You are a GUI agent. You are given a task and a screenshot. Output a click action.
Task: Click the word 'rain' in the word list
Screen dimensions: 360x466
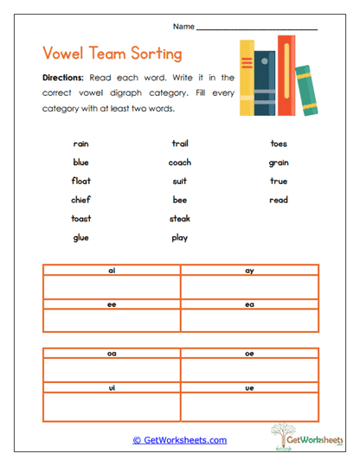(x=81, y=144)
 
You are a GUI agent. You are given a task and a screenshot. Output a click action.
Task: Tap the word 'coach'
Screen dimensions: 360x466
(x=180, y=163)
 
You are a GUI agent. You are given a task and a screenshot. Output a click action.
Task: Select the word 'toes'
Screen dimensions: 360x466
(x=279, y=144)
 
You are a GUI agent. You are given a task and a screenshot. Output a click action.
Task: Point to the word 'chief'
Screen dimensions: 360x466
(x=81, y=200)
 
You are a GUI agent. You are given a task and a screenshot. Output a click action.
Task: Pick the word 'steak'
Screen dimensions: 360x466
(x=180, y=219)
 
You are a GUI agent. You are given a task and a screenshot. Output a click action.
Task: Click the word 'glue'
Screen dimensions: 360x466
(x=81, y=238)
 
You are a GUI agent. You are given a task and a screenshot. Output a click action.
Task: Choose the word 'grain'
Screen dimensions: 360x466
(x=279, y=163)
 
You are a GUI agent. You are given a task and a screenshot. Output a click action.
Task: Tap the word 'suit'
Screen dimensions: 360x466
(x=180, y=182)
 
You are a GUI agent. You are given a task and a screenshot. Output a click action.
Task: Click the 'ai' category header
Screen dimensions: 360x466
(x=112, y=271)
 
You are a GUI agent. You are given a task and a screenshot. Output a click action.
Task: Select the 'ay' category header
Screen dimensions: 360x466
(x=249, y=271)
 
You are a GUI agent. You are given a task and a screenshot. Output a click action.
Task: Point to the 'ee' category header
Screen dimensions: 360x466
(x=112, y=303)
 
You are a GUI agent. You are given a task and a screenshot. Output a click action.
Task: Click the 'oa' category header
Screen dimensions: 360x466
(x=112, y=353)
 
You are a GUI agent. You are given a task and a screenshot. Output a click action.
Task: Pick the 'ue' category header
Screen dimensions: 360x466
(x=249, y=386)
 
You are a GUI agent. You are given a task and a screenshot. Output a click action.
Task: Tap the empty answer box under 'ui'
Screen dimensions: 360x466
(x=112, y=405)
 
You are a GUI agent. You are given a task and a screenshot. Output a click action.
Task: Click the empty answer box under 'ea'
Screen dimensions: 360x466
(x=249, y=320)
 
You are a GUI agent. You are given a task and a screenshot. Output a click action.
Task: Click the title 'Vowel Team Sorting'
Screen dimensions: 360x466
(x=112, y=52)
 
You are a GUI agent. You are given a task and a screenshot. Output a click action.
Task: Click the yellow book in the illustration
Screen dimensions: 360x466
(x=247, y=77)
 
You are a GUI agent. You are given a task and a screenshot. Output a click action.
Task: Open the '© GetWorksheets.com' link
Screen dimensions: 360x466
(x=180, y=440)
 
